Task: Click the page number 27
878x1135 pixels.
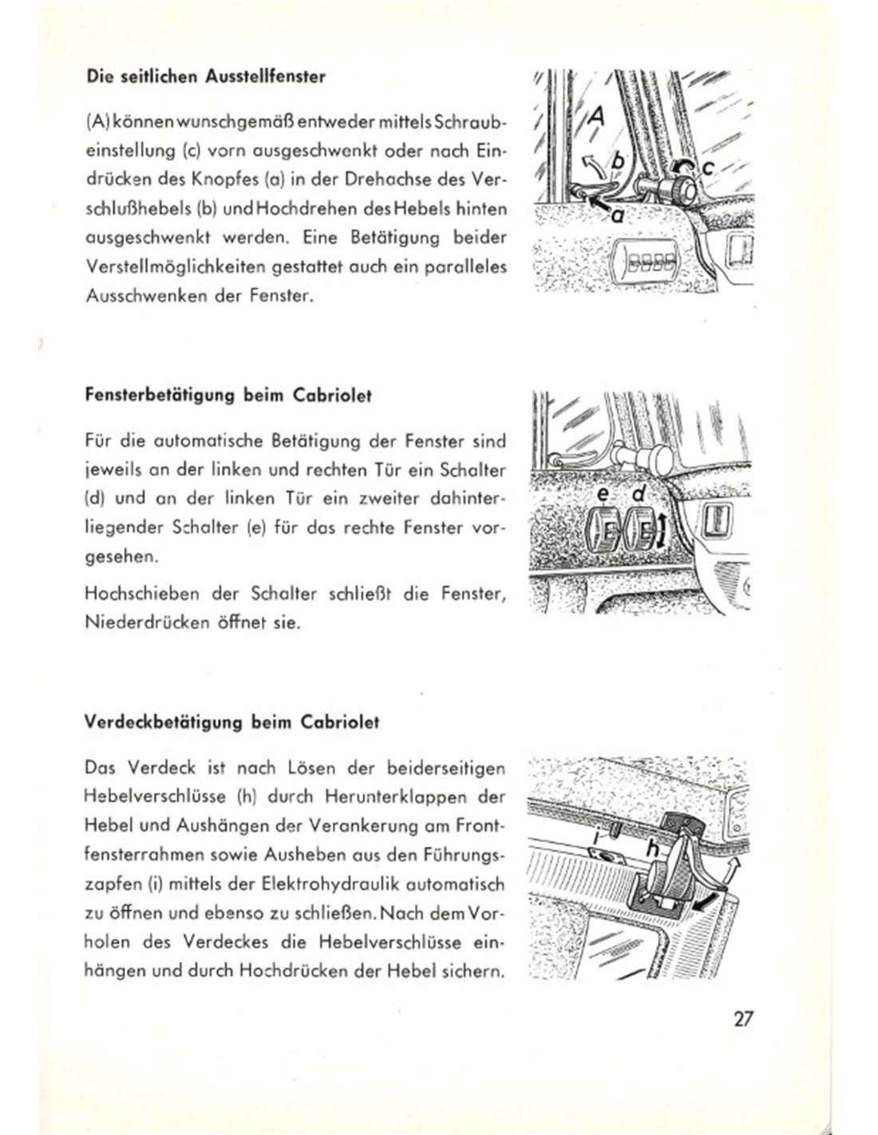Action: [742, 1020]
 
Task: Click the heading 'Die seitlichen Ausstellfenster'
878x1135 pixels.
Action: [204, 77]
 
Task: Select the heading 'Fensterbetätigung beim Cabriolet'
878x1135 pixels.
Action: [227, 397]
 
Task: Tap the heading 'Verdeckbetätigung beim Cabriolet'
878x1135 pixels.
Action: [231, 723]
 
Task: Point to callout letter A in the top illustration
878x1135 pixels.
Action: [597, 118]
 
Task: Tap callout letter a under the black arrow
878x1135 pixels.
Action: [618, 215]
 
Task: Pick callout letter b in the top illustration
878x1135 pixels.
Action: [616, 162]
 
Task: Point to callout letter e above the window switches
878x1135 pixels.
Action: [604, 496]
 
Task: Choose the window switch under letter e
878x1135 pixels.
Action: [604, 531]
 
